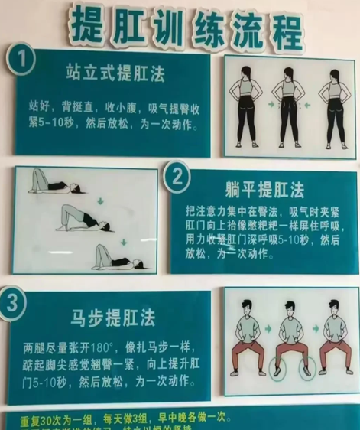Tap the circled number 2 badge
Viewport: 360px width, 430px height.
[177, 178]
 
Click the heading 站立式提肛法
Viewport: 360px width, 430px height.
[115, 73]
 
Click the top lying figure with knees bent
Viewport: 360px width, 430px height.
[50, 184]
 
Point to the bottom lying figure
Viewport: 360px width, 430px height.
[117, 257]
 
